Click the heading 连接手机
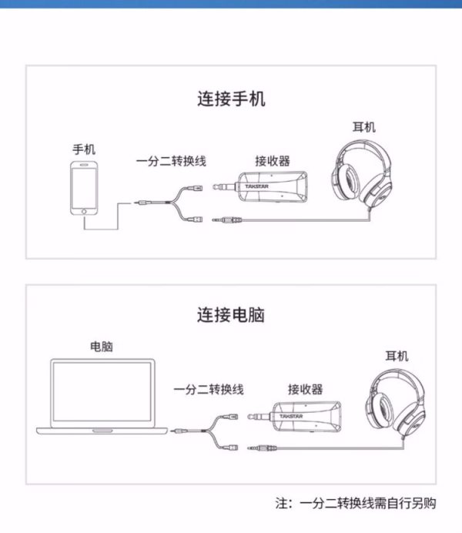point(231,99)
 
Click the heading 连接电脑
point(231,315)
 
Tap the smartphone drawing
point(84,188)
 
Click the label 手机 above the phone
point(84,149)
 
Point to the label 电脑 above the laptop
point(102,347)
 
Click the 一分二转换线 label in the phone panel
point(171,161)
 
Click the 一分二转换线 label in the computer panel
point(209,389)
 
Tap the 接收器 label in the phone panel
point(273,161)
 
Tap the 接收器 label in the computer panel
point(306,389)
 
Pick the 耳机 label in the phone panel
point(364,127)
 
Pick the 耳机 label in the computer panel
point(397,357)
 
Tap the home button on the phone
point(84,211)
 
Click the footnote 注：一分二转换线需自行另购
point(356,504)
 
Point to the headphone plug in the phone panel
point(228,220)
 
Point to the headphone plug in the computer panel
point(262,448)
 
